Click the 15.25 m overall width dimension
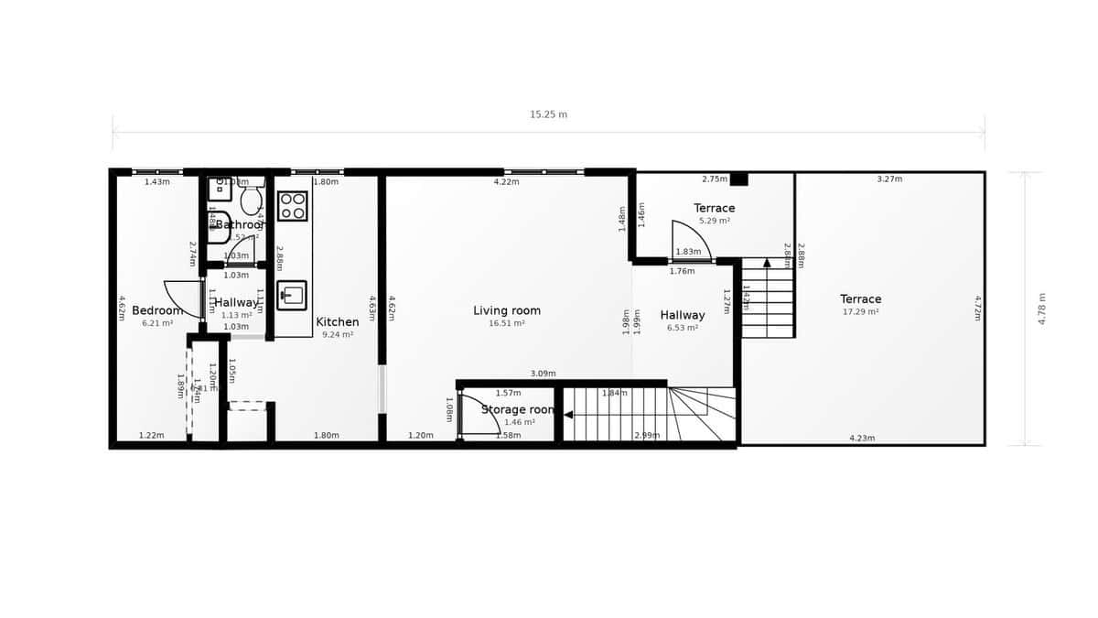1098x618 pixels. coord(548,114)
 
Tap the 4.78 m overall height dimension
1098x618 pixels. coord(1043,309)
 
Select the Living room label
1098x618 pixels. coord(506,310)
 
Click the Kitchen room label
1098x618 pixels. coord(338,321)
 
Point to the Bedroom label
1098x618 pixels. coord(157,310)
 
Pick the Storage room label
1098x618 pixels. coord(518,409)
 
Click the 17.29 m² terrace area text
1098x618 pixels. coord(861,312)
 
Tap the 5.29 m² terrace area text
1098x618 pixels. coord(715,221)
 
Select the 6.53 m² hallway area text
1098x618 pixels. coord(683,328)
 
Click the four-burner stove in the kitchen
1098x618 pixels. coord(293,206)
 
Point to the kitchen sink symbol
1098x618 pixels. coord(292,295)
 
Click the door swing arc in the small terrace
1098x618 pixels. coord(685,241)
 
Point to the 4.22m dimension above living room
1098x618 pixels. coord(506,181)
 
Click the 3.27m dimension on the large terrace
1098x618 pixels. coord(889,179)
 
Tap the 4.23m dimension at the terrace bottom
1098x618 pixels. coord(862,439)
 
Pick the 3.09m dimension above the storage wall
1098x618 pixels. coord(544,374)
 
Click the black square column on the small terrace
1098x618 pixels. coord(738,179)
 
